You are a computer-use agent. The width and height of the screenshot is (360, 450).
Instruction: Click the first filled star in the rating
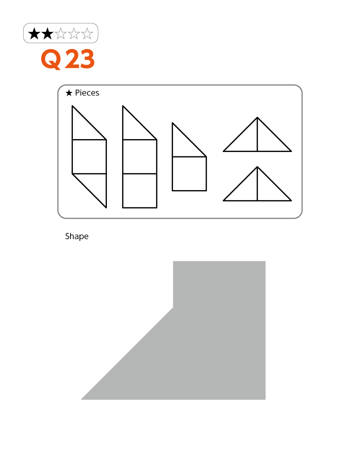(34, 33)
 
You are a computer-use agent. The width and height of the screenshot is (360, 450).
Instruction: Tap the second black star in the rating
(48, 33)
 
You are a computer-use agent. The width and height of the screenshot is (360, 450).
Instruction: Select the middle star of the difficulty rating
(61, 33)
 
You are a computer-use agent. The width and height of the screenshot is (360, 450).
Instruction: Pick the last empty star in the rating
(87, 33)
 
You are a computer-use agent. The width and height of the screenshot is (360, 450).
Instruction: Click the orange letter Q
(51, 59)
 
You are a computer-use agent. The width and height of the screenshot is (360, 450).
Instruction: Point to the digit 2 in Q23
(72, 59)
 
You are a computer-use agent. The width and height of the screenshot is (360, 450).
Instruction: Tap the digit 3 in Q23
(87, 59)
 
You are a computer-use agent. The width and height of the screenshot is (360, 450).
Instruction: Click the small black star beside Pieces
(69, 93)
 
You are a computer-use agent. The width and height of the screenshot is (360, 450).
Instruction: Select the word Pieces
(87, 93)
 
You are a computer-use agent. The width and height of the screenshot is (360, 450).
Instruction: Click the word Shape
(77, 237)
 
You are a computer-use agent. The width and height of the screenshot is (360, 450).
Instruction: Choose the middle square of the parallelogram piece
(89, 157)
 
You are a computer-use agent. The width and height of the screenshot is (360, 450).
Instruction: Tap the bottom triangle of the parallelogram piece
(95, 185)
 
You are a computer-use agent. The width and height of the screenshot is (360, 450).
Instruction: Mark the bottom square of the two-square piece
(140, 191)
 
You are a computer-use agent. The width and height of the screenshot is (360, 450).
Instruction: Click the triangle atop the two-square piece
(134, 128)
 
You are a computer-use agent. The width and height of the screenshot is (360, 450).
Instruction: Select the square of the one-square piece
(189, 174)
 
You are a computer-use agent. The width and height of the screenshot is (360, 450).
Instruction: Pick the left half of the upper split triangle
(246, 139)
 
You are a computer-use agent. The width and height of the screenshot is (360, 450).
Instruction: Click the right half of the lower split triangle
(268, 189)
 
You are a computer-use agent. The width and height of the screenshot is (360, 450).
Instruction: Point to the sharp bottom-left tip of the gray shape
(81, 400)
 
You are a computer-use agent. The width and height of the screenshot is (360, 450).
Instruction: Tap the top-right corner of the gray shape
(265, 261)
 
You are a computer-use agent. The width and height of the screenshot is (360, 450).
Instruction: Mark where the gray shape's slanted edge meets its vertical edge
(173, 307)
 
